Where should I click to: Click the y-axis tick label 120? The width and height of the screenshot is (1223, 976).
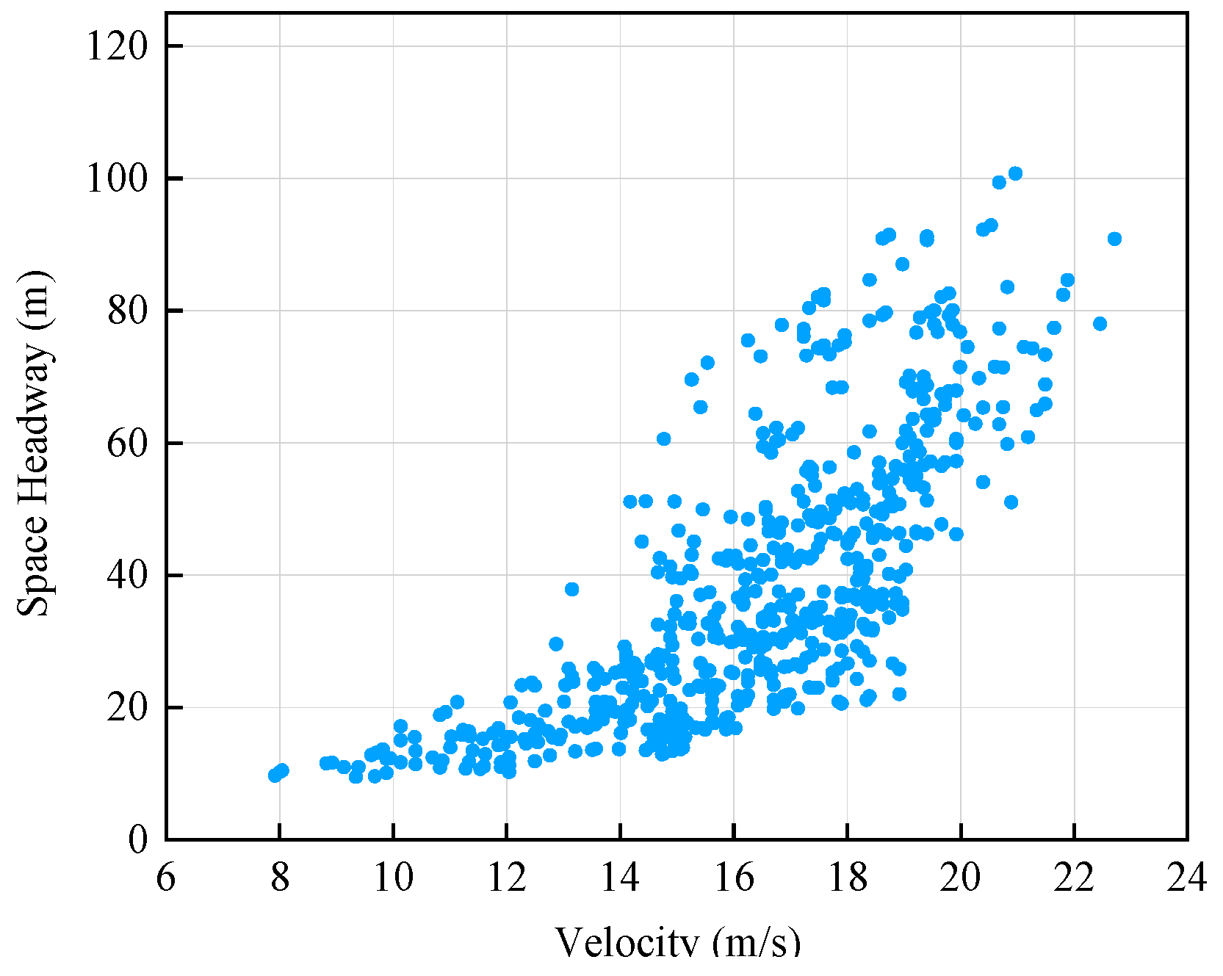click(117, 47)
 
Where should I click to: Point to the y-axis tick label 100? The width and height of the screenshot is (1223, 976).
click(117, 179)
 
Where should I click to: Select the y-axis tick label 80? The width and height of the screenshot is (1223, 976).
click(128, 311)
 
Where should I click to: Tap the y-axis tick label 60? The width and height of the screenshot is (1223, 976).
click(128, 444)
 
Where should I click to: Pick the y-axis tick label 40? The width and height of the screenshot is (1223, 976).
click(128, 576)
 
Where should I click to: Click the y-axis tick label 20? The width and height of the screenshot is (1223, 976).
click(128, 708)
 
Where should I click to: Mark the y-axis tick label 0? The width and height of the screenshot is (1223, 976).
click(138, 840)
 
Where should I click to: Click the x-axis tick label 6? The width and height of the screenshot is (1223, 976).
click(166, 878)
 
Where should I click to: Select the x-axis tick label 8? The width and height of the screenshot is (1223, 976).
click(280, 878)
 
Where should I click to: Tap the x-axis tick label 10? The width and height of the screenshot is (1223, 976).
click(393, 878)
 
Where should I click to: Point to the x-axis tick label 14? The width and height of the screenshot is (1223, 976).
click(620, 878)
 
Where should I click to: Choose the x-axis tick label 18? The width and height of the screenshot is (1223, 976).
click(847, 878)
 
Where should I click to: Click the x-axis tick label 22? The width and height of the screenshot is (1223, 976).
click(1074, 878)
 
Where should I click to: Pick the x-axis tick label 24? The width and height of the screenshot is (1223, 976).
click(1186, 878)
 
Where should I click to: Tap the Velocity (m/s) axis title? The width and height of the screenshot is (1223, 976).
click(677, 942)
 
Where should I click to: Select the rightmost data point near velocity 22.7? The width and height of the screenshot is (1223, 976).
click(1114, 239)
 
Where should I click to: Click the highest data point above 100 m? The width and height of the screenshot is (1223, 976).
click(1015, 173)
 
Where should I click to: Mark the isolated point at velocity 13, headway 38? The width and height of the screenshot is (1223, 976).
click(571, 589)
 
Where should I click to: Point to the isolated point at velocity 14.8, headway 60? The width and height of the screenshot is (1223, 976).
click(663, 438)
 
